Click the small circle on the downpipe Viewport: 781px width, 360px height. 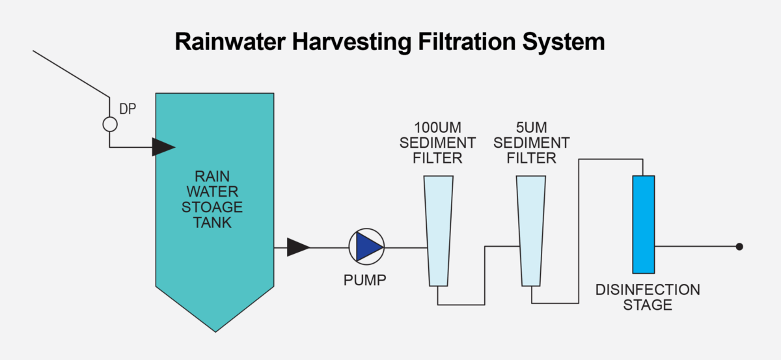tap(109, 123)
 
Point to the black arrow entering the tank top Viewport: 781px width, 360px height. tap(163, 146)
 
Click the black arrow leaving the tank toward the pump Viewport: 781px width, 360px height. tap(298, 247)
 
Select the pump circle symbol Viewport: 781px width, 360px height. tap(366, 247)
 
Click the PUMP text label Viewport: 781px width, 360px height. tap(365, 281)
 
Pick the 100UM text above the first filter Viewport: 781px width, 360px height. tap(437, 126)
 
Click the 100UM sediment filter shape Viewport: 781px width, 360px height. tap(438, 231)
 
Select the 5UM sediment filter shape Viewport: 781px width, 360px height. tap(532, 231)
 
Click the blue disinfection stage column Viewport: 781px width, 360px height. tap(643, 224)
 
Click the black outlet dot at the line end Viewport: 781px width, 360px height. tap(739, 247)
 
